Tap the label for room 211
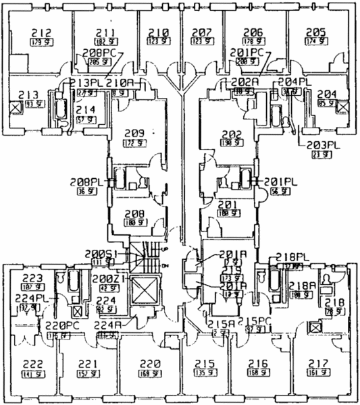105,32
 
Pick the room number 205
315,32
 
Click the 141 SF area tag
31,373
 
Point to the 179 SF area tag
39,42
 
